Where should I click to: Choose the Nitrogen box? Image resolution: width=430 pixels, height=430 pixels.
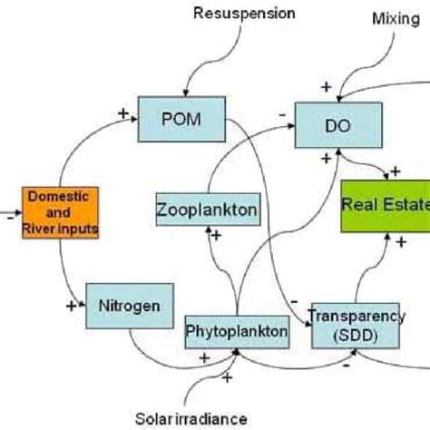tap(128, 306)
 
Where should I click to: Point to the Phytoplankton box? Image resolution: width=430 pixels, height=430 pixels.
tap(237, 333)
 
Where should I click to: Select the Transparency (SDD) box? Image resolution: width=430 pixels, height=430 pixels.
tap(355, 326)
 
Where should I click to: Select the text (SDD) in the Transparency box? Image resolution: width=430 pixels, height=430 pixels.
tap(356, 336)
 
